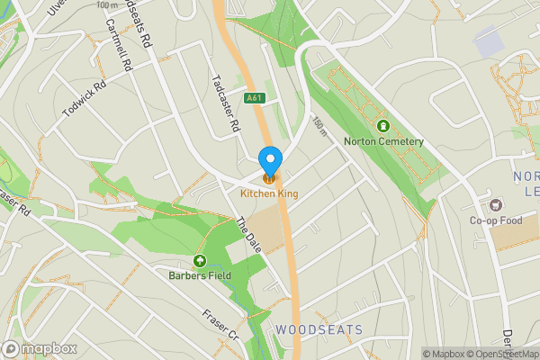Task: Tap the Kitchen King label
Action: point(269,193)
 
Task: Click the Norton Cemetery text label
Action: point(383,141)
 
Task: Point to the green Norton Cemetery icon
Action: point(383,126)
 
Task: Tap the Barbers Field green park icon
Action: point(198,261)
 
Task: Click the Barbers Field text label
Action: point(197,275)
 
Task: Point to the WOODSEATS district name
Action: point(319,330)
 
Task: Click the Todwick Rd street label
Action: point(84,99)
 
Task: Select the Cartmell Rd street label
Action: point(119,47)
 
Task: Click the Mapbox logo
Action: point(40,348)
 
